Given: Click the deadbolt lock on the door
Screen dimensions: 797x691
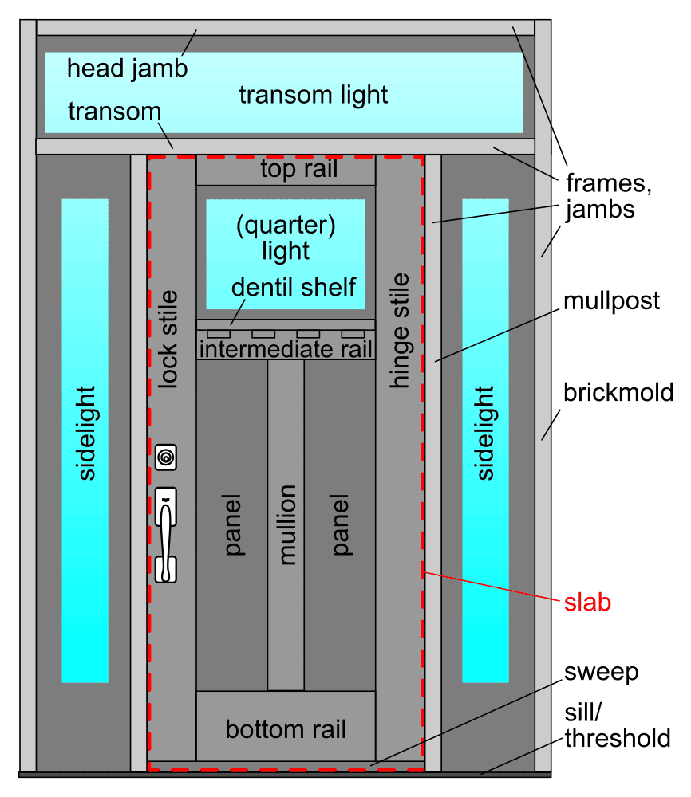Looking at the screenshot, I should click(x=166, y=457).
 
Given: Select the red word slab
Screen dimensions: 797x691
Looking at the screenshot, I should click(x=587, y=603).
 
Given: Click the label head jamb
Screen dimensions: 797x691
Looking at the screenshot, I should click(x=127, y=68).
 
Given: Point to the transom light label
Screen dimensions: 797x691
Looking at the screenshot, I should click(x=314, y=95).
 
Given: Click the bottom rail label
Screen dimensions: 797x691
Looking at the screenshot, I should click(x=286, y=728).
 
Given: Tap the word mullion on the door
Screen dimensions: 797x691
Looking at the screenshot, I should click(x=286, y=525).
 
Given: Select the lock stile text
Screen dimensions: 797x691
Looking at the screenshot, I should click(x=168, y=340).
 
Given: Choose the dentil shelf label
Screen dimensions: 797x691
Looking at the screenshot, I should click(x=294, y=286).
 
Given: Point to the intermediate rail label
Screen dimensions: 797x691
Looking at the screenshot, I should click(x=286, y=348).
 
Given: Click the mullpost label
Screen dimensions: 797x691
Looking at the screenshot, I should click(x=611, y=301).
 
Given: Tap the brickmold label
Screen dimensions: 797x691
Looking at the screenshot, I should click(x=618, y=393).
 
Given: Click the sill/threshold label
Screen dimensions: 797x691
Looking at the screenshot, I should click(x=617, y=724).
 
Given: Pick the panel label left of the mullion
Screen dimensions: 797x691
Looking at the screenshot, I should click(x=233, y=525).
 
